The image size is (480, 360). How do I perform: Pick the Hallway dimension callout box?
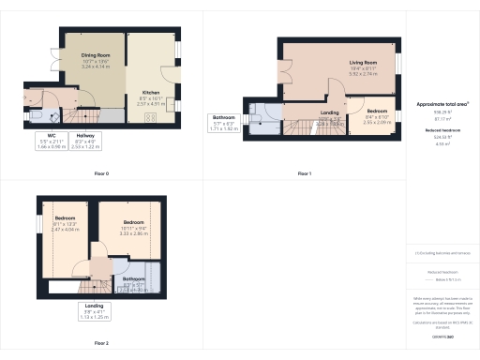pos(85,142)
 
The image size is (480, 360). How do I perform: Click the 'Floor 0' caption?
pos(101,173)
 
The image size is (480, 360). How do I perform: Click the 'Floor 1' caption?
pos(305,173)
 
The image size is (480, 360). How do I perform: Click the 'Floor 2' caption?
pos(101,343)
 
